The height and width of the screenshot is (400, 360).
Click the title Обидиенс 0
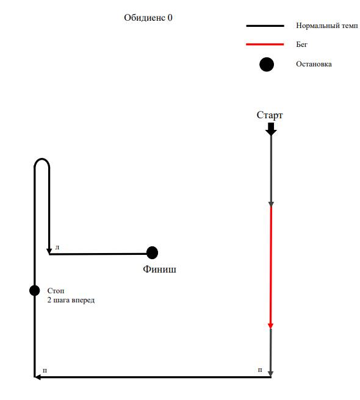(148, 18)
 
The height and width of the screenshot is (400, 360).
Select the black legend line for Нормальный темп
(265, 26)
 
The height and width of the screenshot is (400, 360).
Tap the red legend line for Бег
(265, 45)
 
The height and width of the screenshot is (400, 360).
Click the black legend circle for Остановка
(267, 64)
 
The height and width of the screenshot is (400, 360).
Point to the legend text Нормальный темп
(327, 26)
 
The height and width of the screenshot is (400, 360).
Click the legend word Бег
(301, 44)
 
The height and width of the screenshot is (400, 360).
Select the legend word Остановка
(314, 64)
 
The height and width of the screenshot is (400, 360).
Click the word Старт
(270, 115)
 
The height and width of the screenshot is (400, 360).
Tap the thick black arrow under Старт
(271, 129)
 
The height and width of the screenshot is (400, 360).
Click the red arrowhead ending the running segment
(270, 326)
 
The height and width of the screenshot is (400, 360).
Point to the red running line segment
(271, 267)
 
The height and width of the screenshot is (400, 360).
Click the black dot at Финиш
(152, 253)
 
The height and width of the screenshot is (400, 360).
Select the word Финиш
(159, 269)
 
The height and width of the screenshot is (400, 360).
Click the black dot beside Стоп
(34, 291)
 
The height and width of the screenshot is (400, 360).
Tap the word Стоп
(56, 291)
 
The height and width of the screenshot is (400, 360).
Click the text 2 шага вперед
(71, 300)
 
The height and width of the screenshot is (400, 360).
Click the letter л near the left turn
(57, 247)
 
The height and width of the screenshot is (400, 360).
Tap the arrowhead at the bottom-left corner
(37, 377)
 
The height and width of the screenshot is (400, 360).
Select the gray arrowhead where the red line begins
(271, 204)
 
